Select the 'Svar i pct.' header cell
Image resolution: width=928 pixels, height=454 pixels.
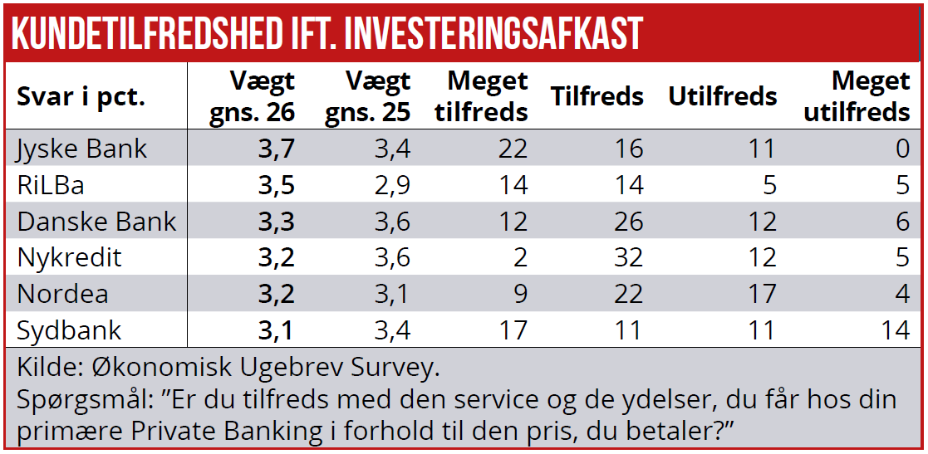point(81,96)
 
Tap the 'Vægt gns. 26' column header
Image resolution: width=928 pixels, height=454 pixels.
point(252,96)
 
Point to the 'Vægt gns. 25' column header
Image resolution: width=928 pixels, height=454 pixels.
point(367,96)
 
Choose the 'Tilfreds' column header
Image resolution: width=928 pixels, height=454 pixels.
point(597,96)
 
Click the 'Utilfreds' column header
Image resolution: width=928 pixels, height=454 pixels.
point(722,96)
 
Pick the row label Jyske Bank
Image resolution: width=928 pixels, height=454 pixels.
point(82,149)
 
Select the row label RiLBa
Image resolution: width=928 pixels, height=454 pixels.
point(51,184)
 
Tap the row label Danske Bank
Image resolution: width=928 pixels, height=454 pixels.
point(96,222)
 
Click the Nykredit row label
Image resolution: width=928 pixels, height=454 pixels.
point(69,257)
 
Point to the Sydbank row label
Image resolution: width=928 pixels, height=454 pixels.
point(69,330)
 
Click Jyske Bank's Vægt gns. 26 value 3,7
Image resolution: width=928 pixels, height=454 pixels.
point(276,149)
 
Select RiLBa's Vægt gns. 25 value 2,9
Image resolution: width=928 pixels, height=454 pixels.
point(391,184)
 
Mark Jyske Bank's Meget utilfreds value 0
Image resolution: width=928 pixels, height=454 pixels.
point(902,149)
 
